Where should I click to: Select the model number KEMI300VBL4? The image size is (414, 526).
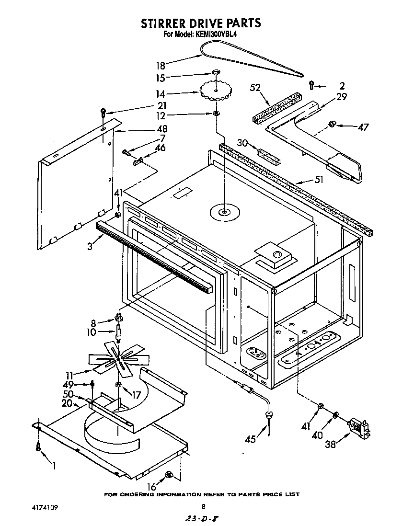click(216, 34)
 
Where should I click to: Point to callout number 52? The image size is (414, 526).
click(255, 88)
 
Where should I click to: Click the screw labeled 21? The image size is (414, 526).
click(103, 114)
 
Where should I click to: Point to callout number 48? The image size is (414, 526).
click(162, 128)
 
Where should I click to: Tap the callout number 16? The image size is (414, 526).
click(151, 487)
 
